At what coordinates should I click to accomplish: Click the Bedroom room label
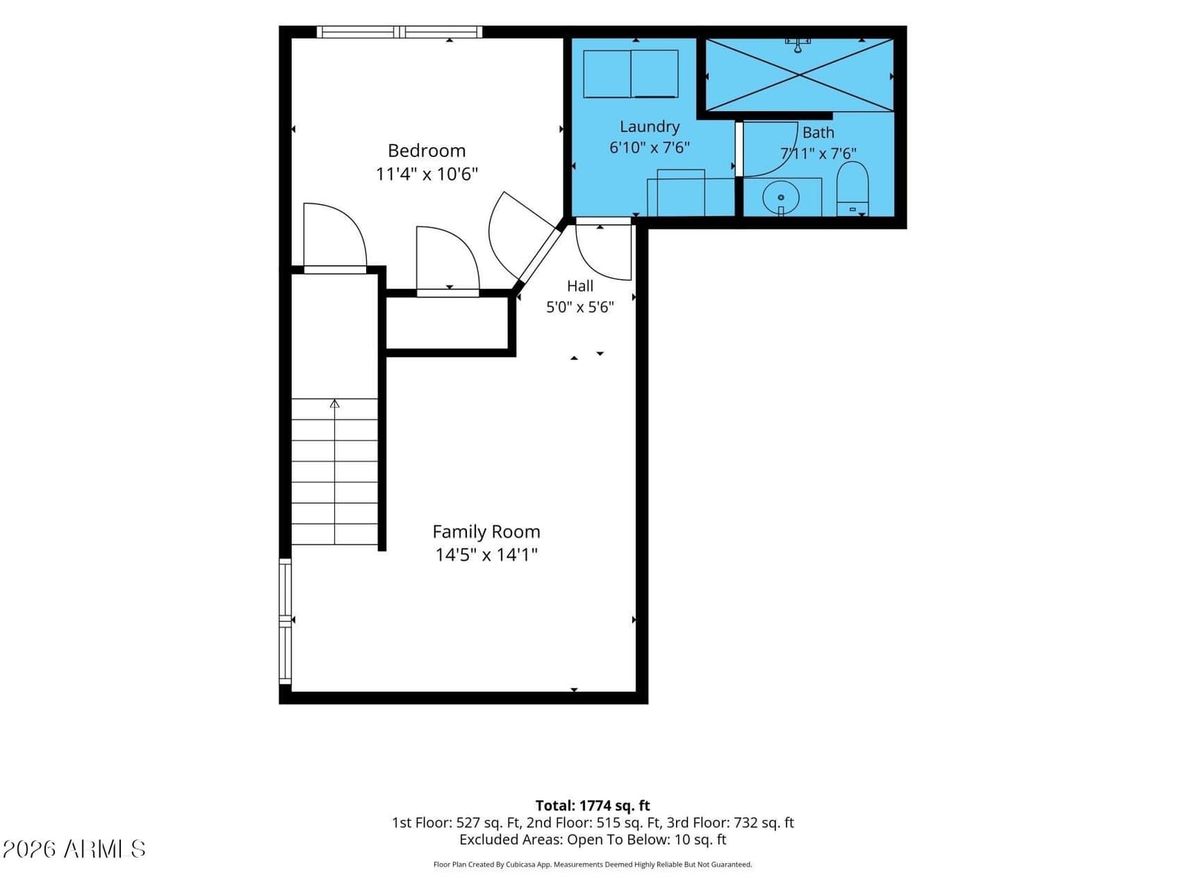(426, 150)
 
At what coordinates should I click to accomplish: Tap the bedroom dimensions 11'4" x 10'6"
(426, 174)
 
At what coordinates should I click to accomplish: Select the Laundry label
(649, 127)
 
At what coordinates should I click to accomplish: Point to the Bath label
(818, 133)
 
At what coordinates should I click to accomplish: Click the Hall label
(580, 286)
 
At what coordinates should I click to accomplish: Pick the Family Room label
(486, 532)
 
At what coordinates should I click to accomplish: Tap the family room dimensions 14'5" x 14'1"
(486, 555)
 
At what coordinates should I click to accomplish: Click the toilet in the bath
(852, 188)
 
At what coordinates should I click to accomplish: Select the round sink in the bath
(781, 197)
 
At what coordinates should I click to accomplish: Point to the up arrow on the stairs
(334, 403)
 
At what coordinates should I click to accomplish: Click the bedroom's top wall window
(400, 32)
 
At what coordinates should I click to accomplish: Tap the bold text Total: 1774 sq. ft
(593, 805)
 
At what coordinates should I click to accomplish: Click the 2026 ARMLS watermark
(74, 849)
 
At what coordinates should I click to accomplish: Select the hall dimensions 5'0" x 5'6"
(580, 307)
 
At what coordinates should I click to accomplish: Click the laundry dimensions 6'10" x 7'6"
(649, 147)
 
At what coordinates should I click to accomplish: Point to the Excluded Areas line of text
(593, 839)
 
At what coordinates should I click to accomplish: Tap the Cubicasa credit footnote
(593, 865)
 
